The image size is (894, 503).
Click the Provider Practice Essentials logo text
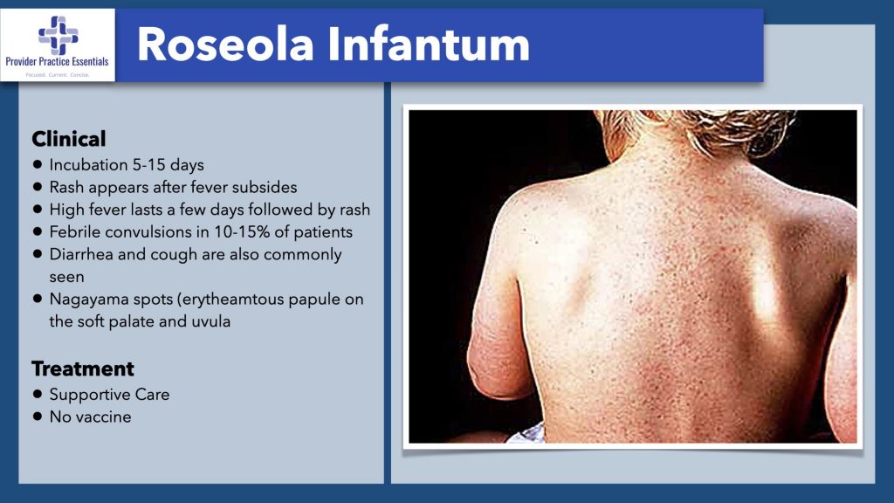[x=58, y=64]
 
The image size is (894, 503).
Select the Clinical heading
[x=69, y=139]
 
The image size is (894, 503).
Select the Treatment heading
[x=83, y=369]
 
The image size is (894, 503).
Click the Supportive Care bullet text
[x=109, y=395]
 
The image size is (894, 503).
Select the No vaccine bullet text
[x=90, y=417]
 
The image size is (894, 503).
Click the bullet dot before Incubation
[x=38, y=164]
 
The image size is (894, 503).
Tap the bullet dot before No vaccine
[x=38, y=417]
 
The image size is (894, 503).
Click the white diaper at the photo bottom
[x=528, y=433]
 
